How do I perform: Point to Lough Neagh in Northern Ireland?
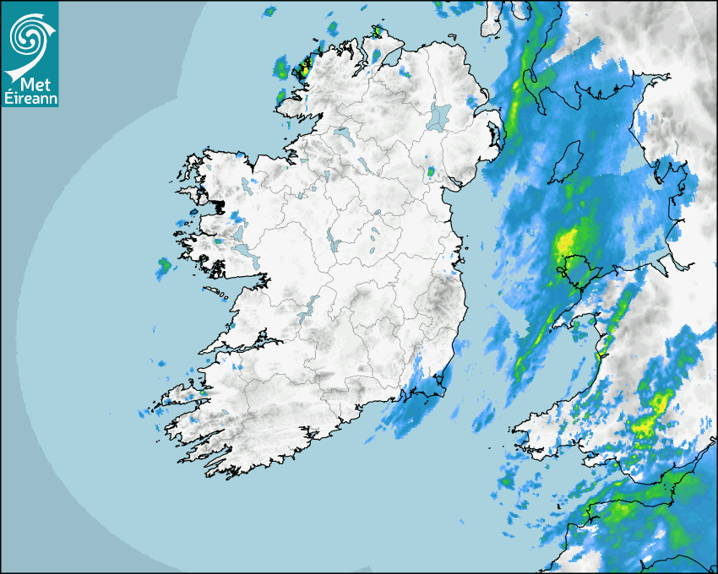(438, 116)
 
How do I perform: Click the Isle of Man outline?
(567, 162)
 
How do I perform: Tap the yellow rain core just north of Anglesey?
(568, 241)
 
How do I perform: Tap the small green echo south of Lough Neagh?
(431, 172)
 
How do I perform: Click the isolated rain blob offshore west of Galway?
(163, 268)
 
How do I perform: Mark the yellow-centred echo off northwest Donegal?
(302, 68)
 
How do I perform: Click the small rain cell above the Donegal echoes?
(269, 12)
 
